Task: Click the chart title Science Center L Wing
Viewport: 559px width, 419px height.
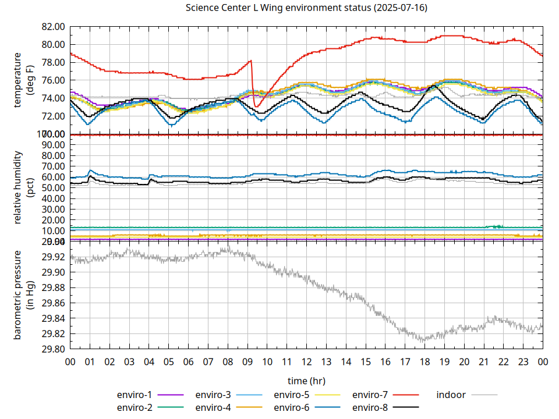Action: pos(306,8)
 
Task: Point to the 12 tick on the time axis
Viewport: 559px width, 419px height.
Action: pos(306,361)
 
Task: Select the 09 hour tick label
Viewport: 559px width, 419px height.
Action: pos(247,361)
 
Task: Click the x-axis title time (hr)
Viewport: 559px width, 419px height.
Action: pos(306,381)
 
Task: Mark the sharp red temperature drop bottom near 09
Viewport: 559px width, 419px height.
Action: pos(256,106)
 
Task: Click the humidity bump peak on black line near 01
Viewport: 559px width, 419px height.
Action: pos(90,176)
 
